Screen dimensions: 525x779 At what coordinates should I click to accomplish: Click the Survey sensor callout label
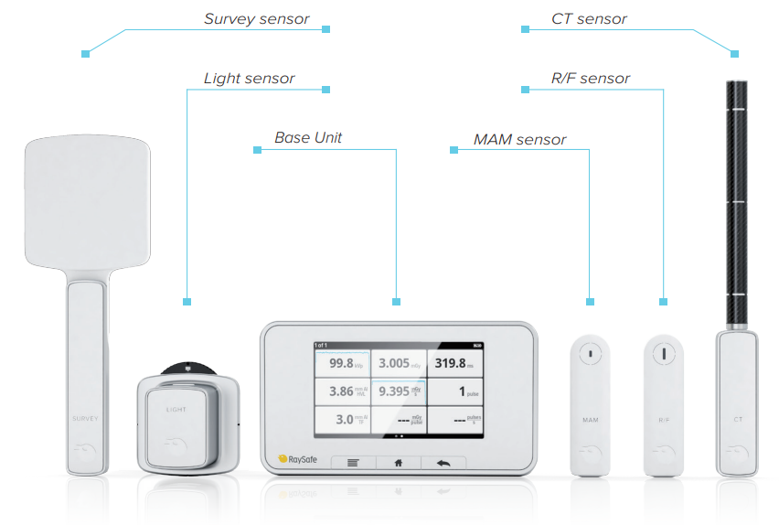[256, 19]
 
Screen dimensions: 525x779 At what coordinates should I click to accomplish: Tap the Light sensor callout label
[249, 79]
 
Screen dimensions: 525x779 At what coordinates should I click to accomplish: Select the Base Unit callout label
[308, 138]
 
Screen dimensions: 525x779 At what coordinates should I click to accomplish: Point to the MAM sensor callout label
[519, 140]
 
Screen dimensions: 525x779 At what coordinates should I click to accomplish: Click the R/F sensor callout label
[590, 79]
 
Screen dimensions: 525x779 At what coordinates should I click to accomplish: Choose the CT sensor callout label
[589, 19]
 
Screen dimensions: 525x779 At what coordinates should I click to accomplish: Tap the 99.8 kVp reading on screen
[343, 363]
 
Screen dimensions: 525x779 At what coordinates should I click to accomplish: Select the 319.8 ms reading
[454, 363]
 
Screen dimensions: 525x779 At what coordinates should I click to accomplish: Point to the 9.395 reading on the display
[400, 391]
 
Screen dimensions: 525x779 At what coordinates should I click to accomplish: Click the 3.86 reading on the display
[343, 391]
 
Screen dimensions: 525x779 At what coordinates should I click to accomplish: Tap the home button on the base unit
[398, 462]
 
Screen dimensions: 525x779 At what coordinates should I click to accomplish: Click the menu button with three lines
[353, 462]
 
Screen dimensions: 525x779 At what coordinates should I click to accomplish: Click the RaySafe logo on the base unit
[295, 459]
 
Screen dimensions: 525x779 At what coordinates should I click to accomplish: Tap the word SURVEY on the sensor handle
[84, 418]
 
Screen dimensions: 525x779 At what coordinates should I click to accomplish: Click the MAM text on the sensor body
[590, 419]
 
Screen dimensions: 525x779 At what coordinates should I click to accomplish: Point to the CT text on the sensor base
[737, 419]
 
